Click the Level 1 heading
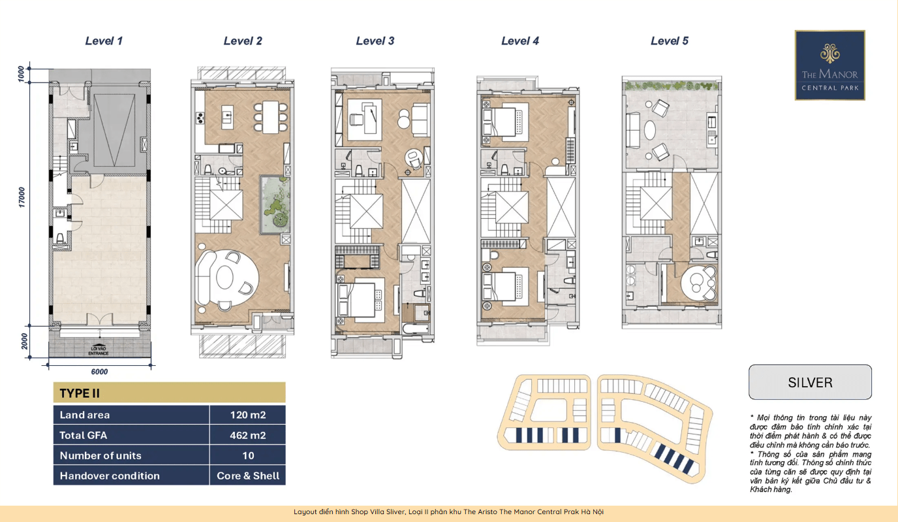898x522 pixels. [104, 41]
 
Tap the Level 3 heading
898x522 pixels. [375, 41]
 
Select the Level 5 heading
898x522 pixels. [670, 41]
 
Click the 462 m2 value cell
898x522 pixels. [248, 435]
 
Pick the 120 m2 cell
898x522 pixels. [248, 415]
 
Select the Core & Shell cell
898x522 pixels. [248, 476]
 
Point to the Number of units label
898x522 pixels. [101, 455]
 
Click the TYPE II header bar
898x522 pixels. [170, 393]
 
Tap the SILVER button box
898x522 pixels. [810, 382]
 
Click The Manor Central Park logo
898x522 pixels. [830, 65]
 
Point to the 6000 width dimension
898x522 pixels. [99, 372]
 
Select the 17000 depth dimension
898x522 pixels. [22, 197]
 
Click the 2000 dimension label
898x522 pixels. [24, 341]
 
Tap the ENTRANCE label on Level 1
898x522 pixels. [99, 353]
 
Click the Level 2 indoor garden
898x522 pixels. [275, 204]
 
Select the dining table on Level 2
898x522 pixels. [271, 117]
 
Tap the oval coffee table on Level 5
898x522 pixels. [650, 131]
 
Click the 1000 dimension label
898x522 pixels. [22, 74]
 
